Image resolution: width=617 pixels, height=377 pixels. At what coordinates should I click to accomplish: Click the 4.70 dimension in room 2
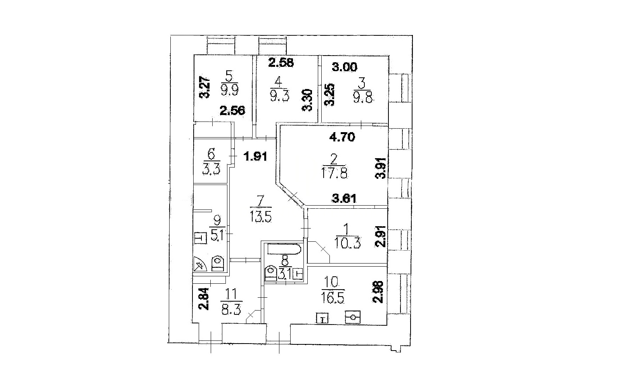pyautogui.click(x=342, y=137)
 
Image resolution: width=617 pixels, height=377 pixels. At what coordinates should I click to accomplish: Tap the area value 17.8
pyautogui.click(x=334, y=173)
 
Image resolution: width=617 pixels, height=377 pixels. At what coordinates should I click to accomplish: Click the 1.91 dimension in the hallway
pyautogui.click(x=256, y=157)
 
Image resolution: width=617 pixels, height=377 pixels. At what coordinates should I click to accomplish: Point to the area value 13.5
pyautogui.click(x=261, y=216)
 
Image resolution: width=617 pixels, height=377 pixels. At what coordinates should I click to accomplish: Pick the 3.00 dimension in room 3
pyautogui.click(x=344, y=67)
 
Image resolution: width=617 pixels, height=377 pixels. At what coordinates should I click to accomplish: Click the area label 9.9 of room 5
pyautogui.click(x=229, y=89)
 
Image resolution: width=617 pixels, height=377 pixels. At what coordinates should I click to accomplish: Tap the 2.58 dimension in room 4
pyautogui.click(x=281, y=63)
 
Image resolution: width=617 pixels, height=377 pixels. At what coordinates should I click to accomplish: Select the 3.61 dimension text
pyautogui.click(x=344, y=198)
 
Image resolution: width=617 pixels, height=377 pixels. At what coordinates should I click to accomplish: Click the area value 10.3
pyautogui.click(x=347, y=244)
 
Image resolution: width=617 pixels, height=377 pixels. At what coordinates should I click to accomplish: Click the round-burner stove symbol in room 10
pyautogui.click(x=353, y=317)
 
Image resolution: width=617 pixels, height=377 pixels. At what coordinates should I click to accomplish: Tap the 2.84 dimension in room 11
pyautogui.click(x=205, y=299)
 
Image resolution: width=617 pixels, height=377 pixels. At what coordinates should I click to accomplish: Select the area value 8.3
pyautogui.click(x=231, y=309)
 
